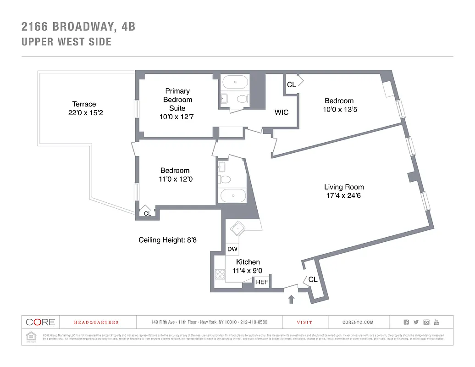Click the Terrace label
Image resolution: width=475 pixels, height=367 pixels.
point(84,104)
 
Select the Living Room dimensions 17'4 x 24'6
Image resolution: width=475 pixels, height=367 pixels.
point(344,195)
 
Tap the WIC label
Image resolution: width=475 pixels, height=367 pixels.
point(282,112)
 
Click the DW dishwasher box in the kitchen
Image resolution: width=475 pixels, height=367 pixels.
point(232,249)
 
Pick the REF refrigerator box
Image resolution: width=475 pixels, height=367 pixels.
point(262,282)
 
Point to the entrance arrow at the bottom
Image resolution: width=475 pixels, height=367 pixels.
point(291,300)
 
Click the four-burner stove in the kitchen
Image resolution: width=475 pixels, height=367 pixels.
point(220,274)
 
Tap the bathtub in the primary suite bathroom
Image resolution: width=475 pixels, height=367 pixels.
point(235,83)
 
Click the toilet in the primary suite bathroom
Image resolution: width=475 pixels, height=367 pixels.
point(242,99)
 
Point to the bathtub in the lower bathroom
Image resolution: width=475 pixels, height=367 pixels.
point(233,196)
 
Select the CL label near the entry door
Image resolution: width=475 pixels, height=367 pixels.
point(313,279)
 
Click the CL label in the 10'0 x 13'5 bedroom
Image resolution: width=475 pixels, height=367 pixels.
point(291,85)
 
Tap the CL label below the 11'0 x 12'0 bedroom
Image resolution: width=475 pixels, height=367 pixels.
point(147,213)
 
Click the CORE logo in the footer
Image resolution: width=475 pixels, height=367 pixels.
point(40,322)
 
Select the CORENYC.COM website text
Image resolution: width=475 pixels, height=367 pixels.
point(358,323)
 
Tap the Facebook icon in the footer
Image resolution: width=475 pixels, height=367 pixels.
point(406,322)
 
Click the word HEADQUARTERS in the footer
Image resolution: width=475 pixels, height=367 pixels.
point(96,323)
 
